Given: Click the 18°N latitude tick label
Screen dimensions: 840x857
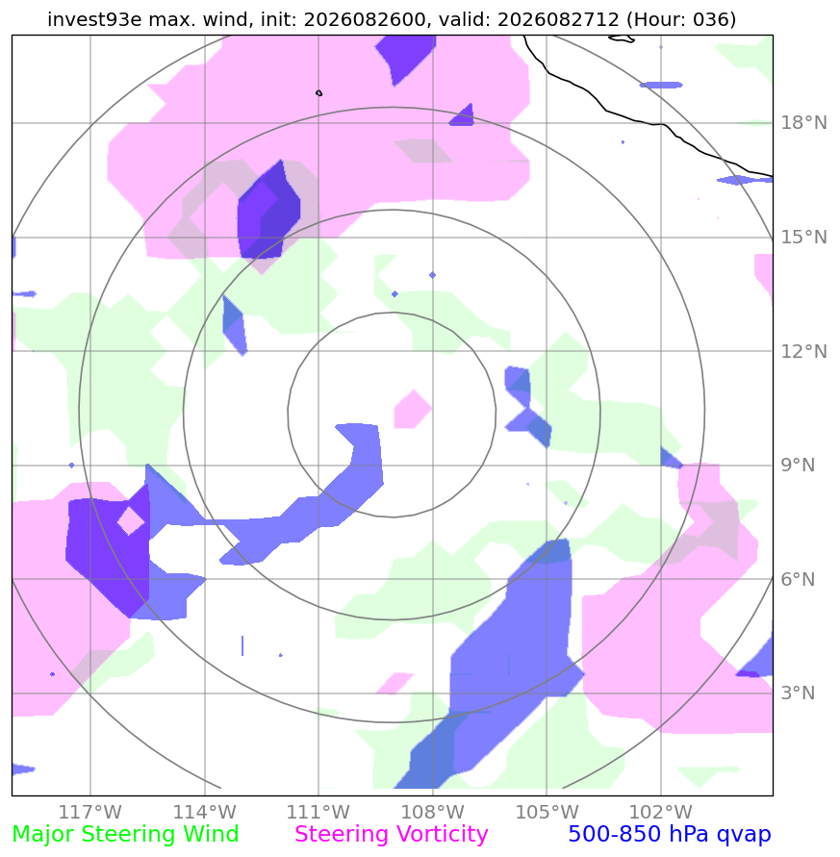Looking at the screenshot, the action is pyautogui.click(x=803, y=122).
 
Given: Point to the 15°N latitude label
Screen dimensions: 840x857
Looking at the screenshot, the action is pyautogui.click(x=803, y=238).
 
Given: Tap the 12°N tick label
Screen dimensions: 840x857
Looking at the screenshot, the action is pyautogui.click(x=803, y=351).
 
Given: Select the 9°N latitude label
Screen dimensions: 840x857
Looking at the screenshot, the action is pyautogui.click(x=798, y=466).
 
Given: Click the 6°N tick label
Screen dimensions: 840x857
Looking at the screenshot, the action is pyautogui.click(x=798, y=579).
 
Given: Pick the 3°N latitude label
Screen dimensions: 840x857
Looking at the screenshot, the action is pyautogui.click(x=798, y=693).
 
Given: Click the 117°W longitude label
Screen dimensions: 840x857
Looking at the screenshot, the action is pyautogui.click(x=90, y=812).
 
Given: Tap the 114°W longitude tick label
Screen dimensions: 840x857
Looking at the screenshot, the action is pyautogui.click(x=205, y=812).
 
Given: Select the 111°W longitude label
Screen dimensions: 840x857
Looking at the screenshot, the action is pyautogui.click(x=318, y=812).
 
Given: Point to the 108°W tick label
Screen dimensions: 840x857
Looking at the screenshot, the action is pyautogui.click(x=433, y=812).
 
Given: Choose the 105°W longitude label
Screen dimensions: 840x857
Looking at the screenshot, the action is pyautogui.click(x=547, y=812).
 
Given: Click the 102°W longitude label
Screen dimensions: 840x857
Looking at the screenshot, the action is pyautogui.click(x=661, y=812).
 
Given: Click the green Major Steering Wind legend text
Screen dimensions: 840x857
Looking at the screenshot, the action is pyautogui.click(x=125, y=835).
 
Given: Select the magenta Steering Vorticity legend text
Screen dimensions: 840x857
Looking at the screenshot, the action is pyautogui.click(x=391, y=835).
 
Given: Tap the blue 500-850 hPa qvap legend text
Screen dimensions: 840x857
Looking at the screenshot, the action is pyautogui.click(x=670, y=835).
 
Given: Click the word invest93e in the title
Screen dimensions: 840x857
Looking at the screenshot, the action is pyautogui.click(x=94, y=19).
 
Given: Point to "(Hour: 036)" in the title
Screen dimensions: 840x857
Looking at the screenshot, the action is pyautogui.click(x=681, y=19).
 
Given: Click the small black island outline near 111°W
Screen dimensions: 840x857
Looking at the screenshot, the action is pyautogui.click(x=319, y=93).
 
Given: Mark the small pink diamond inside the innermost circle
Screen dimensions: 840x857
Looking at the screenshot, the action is pyautogui.click(x=413, y=410).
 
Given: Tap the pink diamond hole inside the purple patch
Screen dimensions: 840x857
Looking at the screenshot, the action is pyautogui.click(x=131, y=521).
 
